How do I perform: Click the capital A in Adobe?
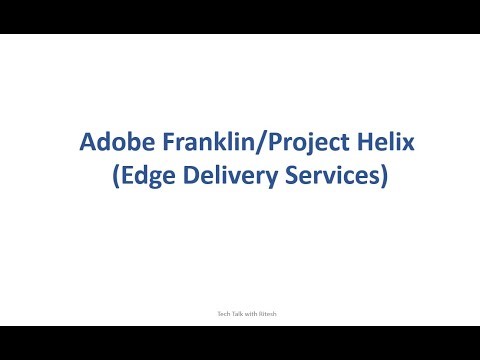pos(87,143)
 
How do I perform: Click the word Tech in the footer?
pos(212,313)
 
